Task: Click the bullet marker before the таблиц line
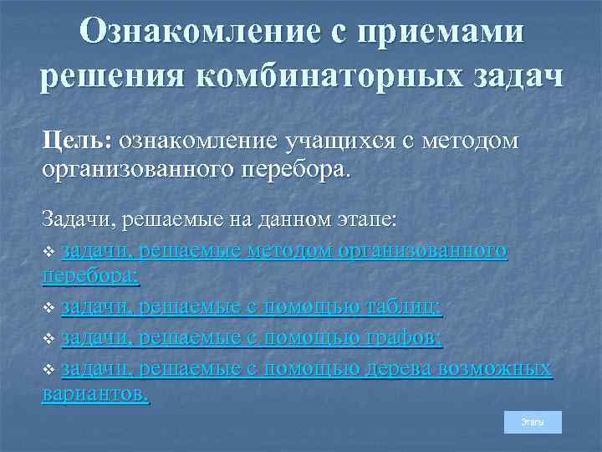48,309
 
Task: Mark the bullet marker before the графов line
48,339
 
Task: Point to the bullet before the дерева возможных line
48,369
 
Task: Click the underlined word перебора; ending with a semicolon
90,275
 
